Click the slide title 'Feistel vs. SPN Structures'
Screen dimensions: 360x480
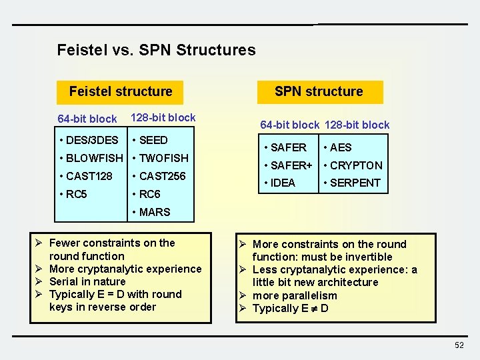[156, 50]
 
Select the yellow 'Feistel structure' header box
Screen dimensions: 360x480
[121, 91]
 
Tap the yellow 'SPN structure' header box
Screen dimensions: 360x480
[319, 91]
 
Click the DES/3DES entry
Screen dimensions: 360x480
[91, 140]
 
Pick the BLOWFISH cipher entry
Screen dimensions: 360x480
[93, 158]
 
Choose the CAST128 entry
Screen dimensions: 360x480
[89, 176]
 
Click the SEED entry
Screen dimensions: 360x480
[153, 140]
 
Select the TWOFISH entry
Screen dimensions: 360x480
[163, 158]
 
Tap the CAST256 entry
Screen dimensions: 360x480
[162, 176]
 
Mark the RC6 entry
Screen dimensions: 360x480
[150, 195]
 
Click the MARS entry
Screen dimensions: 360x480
[155, 212]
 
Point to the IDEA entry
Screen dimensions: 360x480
[282, 183]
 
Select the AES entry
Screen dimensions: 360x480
[340, 147]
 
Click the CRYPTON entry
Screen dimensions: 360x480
[356, 165]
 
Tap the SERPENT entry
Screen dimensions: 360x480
[355, 183]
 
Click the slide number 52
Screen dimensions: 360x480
[459, 345]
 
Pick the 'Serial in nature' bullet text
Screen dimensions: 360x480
[87, 281]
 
